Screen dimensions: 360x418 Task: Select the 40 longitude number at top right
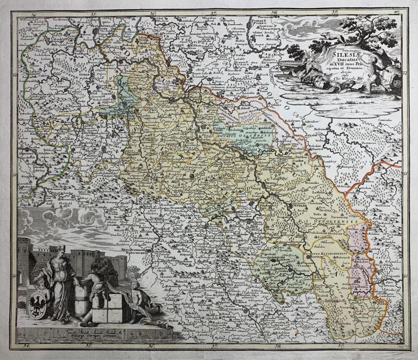click(x=396, y=12)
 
